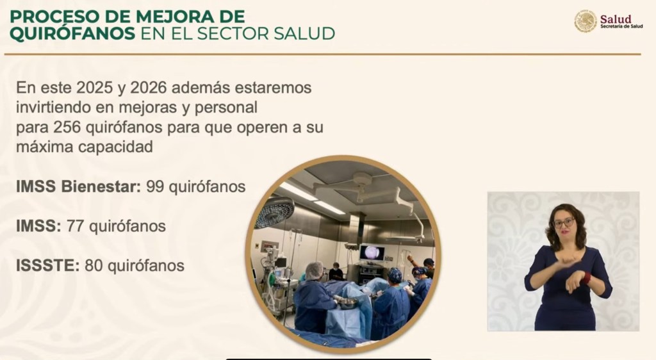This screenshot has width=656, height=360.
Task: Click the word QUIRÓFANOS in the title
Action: pos(72,33)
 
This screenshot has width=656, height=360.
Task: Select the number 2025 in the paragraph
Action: pos(95,88)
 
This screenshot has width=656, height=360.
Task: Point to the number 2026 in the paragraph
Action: pos(149,88)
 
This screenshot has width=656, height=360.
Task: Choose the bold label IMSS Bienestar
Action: pos(78,186)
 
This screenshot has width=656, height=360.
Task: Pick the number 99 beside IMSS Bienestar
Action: pos(155,186)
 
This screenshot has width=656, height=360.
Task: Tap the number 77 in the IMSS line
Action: pos(76,226)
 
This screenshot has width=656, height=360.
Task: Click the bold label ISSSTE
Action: pos(47,265)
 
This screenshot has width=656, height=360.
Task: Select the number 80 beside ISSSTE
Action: pos(94,265)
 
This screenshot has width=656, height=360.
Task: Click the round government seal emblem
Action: pos(586,21)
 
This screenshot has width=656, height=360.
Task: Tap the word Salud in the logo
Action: pos(616,19)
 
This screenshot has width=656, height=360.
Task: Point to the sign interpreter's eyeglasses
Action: pos(564,223)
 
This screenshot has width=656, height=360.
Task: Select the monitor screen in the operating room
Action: pos(372,252)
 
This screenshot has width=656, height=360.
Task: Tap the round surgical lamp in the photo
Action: pos(274,212)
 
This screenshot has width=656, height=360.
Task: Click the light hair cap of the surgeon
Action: pos(314,270)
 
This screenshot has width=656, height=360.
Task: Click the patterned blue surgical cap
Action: pos(395,275)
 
